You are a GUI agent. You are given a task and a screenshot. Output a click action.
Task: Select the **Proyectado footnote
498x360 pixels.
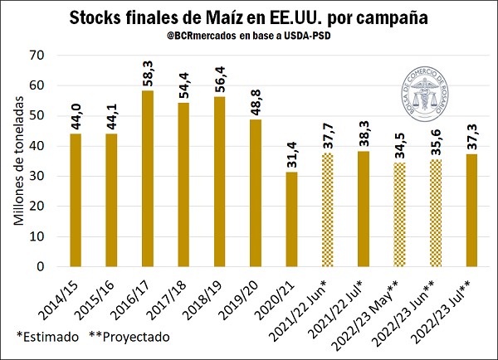click(x=129, y=338)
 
